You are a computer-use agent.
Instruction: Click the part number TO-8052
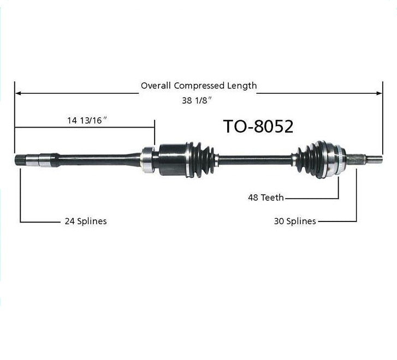(258, 126)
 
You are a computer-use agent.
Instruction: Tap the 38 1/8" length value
(197, 100)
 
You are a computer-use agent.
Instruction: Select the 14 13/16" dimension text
(87, 120)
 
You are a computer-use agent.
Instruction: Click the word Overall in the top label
(156, 86)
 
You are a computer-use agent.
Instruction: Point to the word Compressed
(199, 86)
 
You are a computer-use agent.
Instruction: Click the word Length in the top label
(242, 86)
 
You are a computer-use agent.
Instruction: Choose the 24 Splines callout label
(86, 221)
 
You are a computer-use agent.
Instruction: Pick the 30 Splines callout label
(295, 221)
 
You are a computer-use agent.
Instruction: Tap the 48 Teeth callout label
(266, 197)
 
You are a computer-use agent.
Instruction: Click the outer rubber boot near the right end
(311, 159)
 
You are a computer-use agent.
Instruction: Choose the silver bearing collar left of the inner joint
(147, 160)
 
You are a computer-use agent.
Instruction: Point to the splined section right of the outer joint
(355, 159)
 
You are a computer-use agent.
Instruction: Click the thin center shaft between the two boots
(255, 160)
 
